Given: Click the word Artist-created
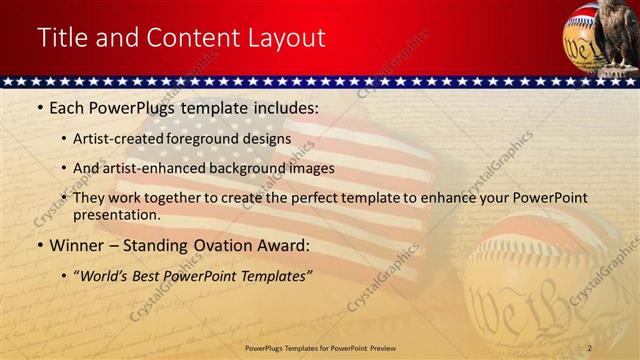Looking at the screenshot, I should [111, 139].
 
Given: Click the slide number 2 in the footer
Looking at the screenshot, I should [590, 348].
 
